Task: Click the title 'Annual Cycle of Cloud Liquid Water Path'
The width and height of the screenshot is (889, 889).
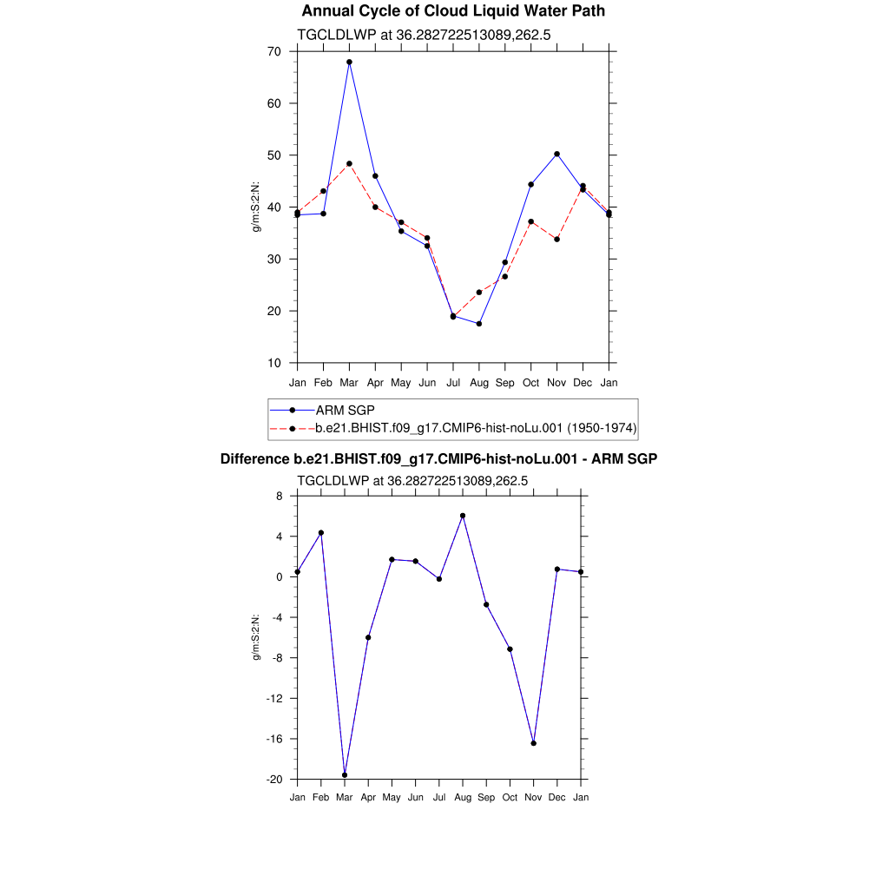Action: coord(453,11)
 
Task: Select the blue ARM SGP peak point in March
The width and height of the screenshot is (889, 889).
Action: coord(349,62)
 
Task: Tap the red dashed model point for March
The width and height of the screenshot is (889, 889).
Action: coord(349,163)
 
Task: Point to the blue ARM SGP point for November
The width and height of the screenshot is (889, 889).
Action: coord(556,154)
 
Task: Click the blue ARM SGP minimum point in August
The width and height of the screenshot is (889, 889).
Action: coord(479,324)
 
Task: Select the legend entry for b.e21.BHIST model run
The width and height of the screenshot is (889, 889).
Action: coord(475,428)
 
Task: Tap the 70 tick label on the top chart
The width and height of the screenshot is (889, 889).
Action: coord(273,51)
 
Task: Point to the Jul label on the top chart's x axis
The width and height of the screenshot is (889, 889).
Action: coord(453,383)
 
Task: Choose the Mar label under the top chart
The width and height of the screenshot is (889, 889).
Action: coord(349,383)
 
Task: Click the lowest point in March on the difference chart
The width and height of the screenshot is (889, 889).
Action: coord(345,774)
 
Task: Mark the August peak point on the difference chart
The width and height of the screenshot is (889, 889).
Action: coord(463,516)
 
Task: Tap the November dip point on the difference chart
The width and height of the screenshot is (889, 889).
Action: coord(533,743)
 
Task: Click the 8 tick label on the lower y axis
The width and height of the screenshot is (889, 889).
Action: coord(279,496)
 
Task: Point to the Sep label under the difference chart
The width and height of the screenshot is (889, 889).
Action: coord(486,797)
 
